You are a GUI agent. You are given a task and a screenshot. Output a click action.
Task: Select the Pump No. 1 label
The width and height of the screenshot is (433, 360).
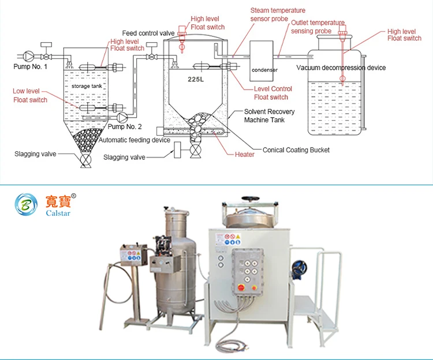[x=30, y=67]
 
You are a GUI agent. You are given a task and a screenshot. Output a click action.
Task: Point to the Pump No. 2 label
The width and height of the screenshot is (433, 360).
[x=125, y=126]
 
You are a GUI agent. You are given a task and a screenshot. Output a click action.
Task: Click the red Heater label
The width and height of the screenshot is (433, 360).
[x=244, y=155]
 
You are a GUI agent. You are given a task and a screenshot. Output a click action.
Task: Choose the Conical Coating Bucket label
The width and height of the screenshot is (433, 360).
[x=296, y=150]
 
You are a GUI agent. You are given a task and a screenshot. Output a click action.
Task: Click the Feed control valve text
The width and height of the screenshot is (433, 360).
[x=148, y=33]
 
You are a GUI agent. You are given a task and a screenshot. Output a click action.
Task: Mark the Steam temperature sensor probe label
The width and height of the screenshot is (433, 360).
[x=278, y=14]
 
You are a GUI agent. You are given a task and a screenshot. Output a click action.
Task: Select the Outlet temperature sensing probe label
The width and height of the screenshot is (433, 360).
[x=318, y=27]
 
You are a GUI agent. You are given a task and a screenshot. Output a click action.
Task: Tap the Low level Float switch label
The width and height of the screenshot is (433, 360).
[x=30, y=96]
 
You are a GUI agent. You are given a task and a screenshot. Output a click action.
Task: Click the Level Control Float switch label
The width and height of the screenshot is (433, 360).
[x=273, y=93]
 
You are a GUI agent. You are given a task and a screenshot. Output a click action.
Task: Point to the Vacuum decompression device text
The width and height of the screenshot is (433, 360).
[x=341, y=67]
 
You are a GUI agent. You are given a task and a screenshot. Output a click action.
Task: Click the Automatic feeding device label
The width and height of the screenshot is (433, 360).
[x=134, y=140]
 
